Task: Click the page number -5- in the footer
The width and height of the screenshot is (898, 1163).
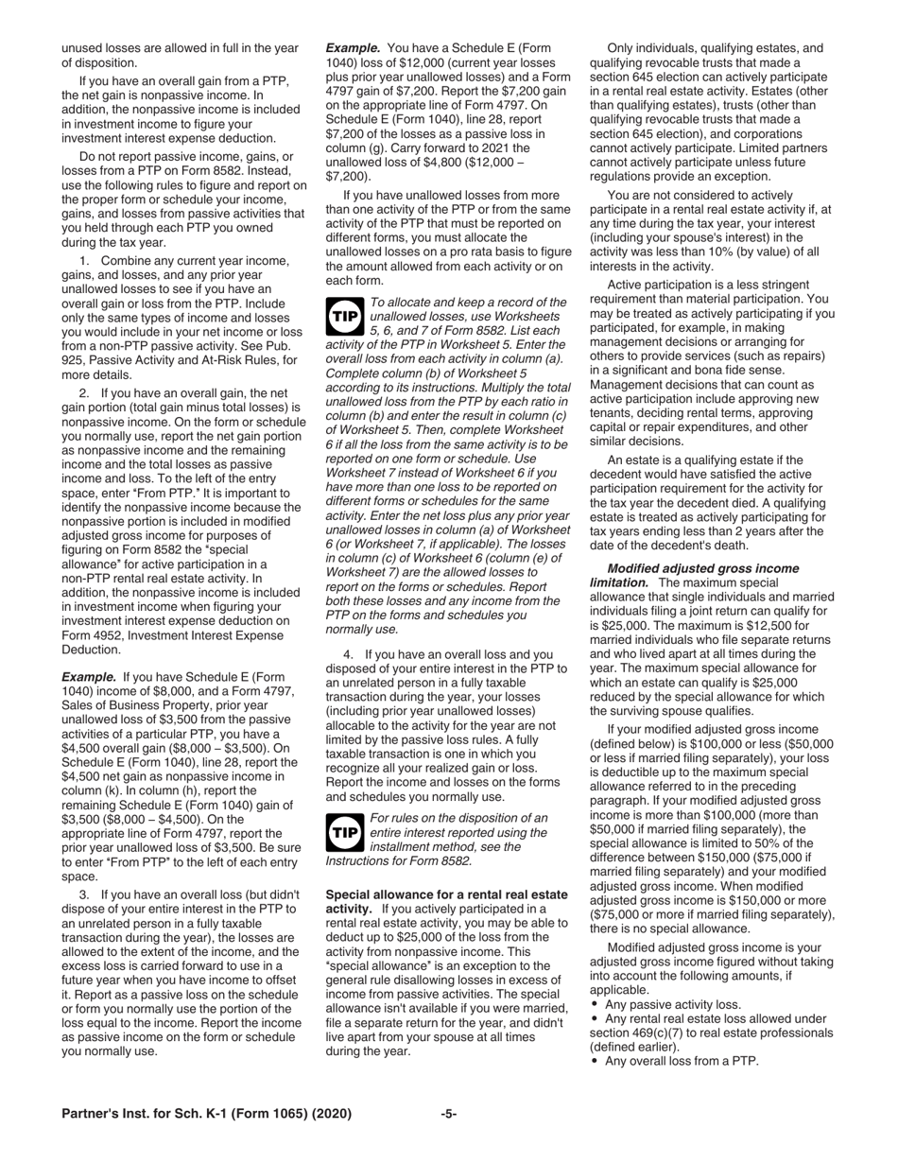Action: [449, 1114]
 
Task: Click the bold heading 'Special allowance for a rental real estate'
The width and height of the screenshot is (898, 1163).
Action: [446, 894]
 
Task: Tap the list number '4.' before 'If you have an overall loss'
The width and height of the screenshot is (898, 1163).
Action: [349, 654]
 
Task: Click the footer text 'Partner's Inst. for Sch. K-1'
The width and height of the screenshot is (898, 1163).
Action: [206, 1114]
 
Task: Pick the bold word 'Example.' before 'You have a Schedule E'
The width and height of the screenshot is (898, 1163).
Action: [354, 47]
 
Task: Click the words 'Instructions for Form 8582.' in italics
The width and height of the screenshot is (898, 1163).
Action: [398, 861]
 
